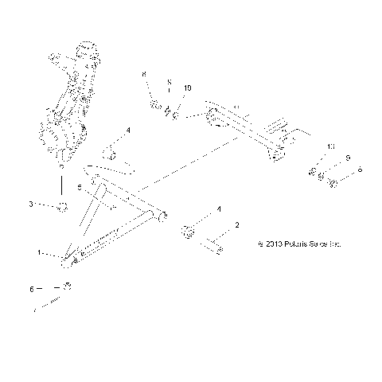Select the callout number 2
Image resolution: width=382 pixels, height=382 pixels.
(x=236, y=225)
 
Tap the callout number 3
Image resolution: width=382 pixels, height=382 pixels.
(x=31, y=205)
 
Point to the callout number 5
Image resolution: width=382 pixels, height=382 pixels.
(x=101, y=187)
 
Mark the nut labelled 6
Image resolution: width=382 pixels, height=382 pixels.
(x=68, y=286)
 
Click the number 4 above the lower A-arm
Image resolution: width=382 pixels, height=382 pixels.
(x=127, y=130)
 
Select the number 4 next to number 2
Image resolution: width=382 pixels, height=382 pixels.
(x=220, y=210)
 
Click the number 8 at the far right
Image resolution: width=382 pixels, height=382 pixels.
(x=360, y=170)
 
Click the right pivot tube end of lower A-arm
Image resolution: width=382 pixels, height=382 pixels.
(x=162, y=216)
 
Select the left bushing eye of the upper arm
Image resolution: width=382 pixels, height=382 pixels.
(x=212, y=120)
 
